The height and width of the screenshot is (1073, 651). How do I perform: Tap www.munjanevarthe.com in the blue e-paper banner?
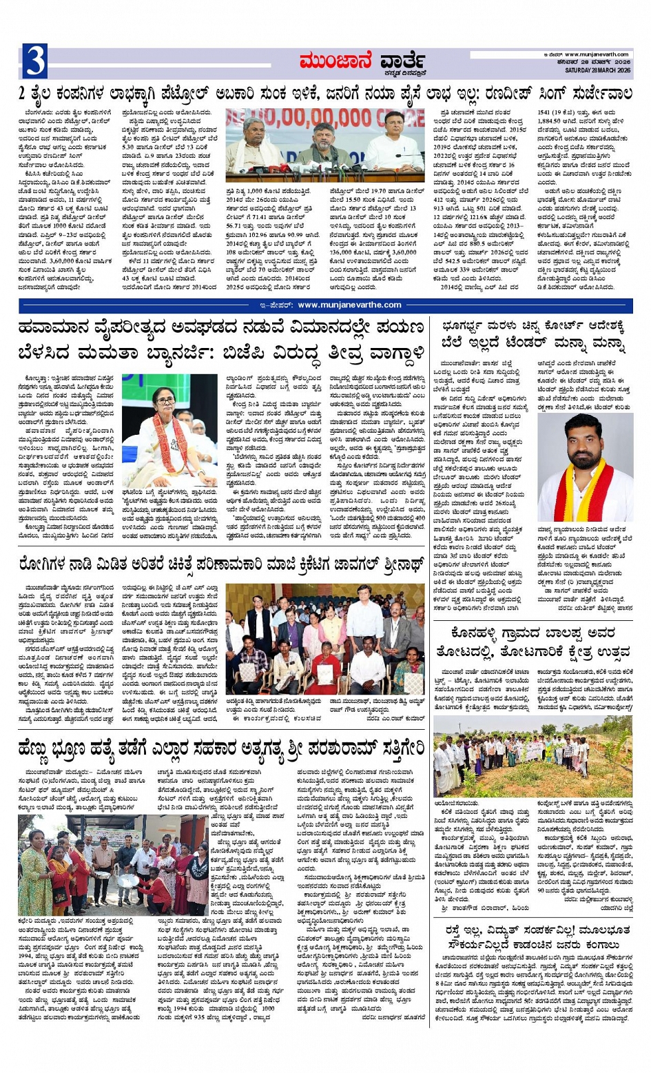(349, 305)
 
